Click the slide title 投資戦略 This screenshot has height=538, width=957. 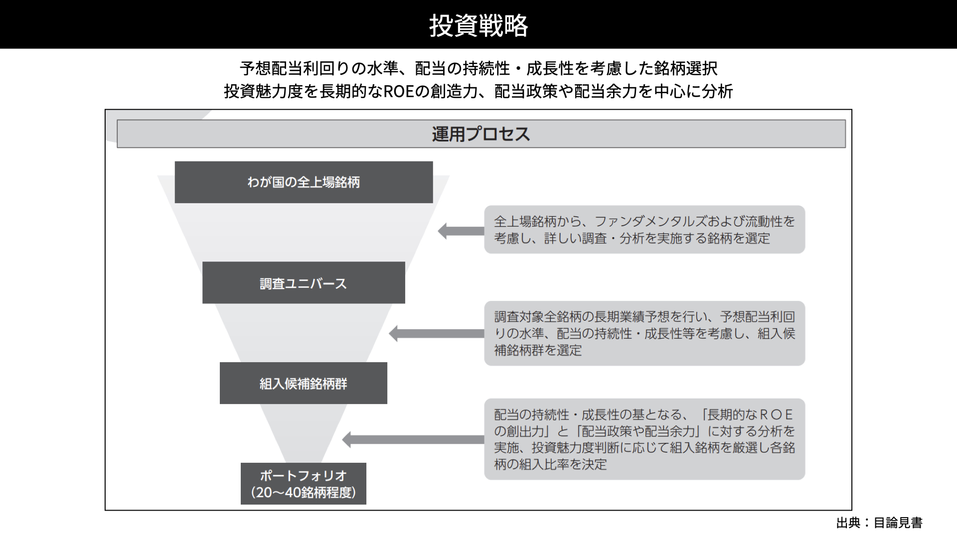478,25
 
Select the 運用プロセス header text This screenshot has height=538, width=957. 481,134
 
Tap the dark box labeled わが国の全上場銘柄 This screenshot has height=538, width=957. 304,182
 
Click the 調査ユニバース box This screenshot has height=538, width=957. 304,282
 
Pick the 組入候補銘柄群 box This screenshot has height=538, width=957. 304,383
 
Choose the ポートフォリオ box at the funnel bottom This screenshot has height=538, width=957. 304,484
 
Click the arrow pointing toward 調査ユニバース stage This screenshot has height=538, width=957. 461,231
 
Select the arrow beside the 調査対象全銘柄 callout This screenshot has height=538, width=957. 437,333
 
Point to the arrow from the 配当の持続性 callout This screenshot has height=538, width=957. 413,439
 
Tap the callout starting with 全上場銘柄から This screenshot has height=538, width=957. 644,230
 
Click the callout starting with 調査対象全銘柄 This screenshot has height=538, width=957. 644,333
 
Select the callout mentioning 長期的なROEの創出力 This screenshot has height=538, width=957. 644,439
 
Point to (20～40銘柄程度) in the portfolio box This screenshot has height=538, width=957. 304,493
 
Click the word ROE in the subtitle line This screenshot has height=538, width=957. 399,92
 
